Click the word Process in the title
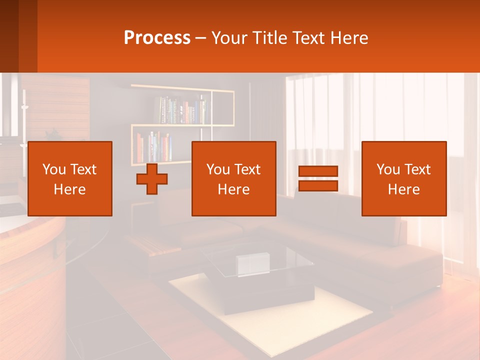tap(157, 38)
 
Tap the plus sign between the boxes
tap(152, 178)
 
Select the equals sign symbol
tap(318, 178)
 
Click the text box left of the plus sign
tap(70, 178)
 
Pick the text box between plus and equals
tap(233, 178)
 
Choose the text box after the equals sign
tap(403, 178)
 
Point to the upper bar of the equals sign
tap(318, 171)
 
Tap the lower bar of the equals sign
tap(318, 186)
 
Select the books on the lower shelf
tap(153, 147)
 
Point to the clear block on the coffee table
tap(253, 264)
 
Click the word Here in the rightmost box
tap(403, 189)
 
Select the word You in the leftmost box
tap(53, 169)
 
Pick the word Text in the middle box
tap(248, 169)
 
